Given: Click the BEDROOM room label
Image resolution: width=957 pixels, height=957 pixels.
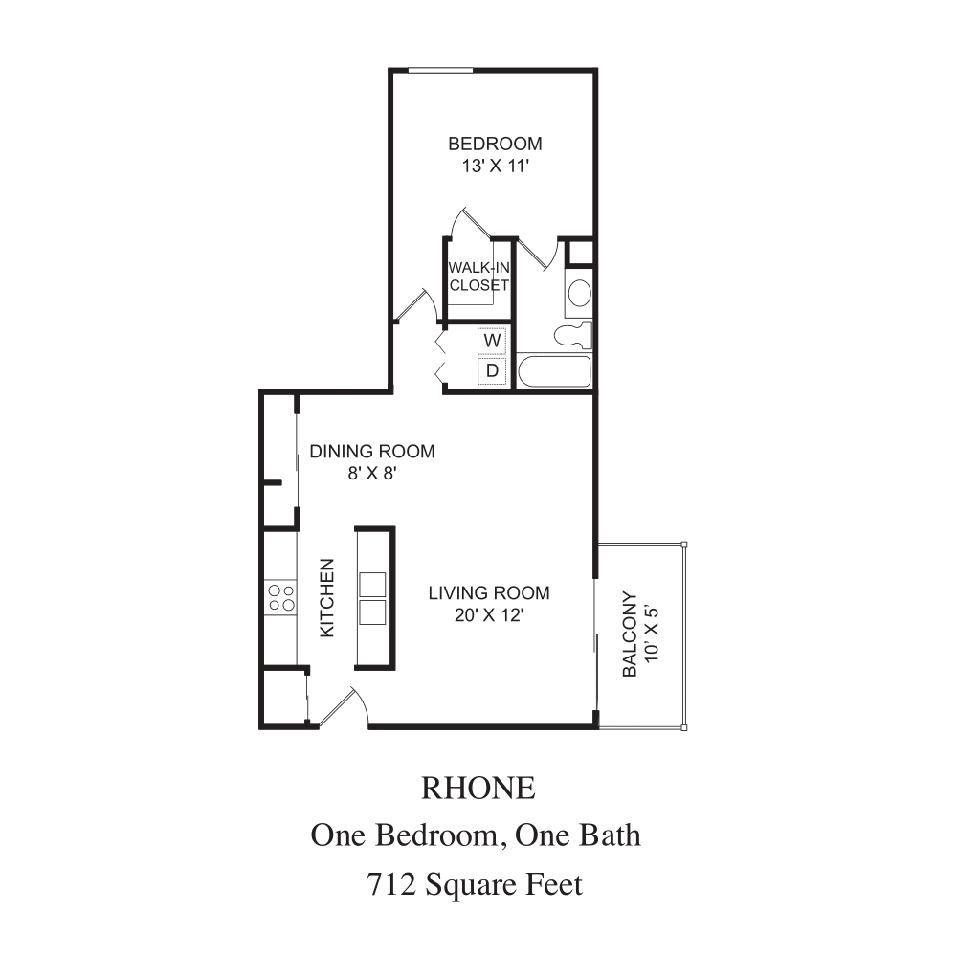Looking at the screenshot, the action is [x=495, y=144].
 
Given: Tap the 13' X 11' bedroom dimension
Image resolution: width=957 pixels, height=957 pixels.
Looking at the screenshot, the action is [x=495, y=166].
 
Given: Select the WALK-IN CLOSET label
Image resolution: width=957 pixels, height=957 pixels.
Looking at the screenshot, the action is [x=479, y=277].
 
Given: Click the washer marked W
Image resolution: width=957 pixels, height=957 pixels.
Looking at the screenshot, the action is [x=492, y=341].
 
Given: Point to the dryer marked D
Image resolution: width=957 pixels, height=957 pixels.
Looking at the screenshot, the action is [x=492, y=370].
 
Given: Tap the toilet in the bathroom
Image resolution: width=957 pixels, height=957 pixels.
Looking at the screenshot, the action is [x=573, y=335].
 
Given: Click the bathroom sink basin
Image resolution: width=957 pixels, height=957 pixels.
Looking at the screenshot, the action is [x=579, y=294].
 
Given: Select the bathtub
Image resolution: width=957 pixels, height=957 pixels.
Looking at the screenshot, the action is [x=554, y=371].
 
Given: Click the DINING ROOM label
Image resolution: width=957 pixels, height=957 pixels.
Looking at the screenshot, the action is [x=372, y=451].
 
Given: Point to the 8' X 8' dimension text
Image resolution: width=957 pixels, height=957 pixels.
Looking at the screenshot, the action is [x=372, y=473].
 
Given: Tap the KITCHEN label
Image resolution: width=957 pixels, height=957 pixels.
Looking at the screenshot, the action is [x=327, y=598].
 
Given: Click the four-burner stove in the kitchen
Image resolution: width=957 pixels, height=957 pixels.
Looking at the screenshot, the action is [x=281, y=597].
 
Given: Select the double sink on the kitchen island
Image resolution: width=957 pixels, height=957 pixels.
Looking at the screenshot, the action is [x=372, y=598].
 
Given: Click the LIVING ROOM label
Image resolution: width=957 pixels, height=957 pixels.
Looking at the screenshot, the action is [x=489, y=592].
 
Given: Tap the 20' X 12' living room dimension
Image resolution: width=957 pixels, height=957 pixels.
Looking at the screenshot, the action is [x=489, y=615].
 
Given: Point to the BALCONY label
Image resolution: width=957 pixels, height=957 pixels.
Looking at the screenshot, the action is [x=630, y=634].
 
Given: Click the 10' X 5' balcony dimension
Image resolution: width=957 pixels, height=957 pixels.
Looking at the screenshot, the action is [x=651, y=634].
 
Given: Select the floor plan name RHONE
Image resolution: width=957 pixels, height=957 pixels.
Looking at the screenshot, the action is [x=478, y=788].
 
